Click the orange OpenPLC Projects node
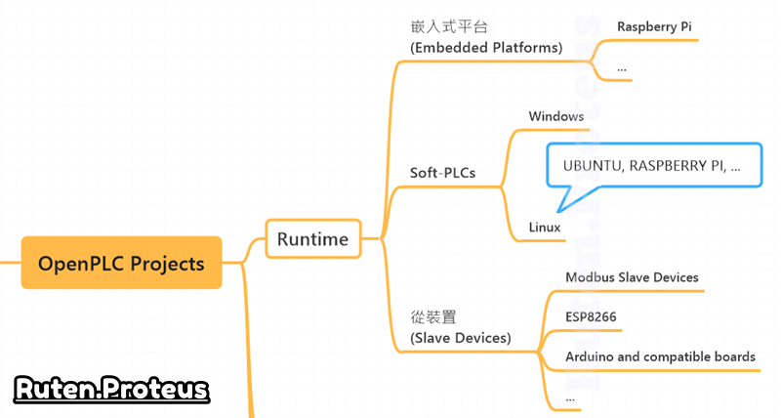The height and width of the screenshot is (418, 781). (x=121, y=263)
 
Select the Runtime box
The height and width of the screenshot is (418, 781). (x=313, y=238)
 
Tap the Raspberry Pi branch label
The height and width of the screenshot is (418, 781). (x=654, y=27)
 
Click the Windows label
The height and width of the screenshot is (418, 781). (x=555, y=116)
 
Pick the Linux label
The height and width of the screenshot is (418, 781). (x=545, y=228)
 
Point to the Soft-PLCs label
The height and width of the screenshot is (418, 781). (x=442, y=173)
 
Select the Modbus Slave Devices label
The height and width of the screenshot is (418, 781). (x=632, y=277)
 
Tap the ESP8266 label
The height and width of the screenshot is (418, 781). (x=591, y=317)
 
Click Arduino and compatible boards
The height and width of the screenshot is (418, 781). (x=660, y=356)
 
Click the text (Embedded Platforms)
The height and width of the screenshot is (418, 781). (x=486, y=47)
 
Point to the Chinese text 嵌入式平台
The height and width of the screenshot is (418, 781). (x=449, y=26)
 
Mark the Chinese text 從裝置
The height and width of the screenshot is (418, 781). (x=434, y=316)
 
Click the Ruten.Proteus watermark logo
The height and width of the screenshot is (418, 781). (x=111, y=390)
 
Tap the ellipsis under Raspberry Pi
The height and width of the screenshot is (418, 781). (x=622, y=67)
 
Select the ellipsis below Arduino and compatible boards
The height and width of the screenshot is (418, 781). (x=570, y=397)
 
